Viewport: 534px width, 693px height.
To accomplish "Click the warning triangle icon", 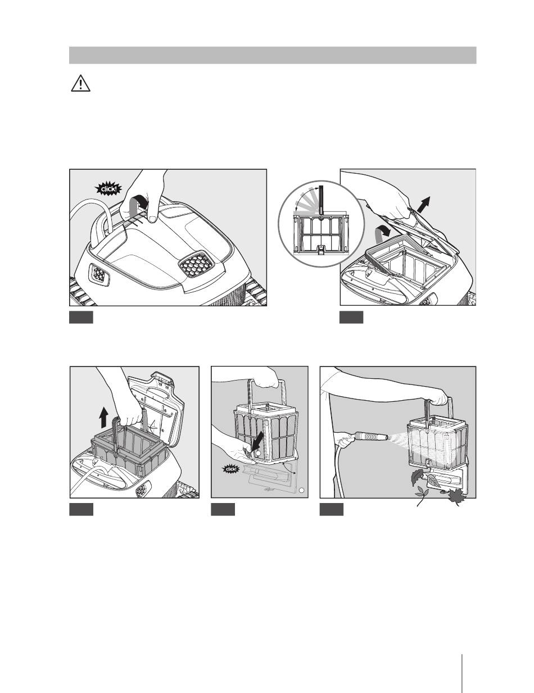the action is coord(80,84).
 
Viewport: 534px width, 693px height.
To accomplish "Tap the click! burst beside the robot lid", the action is coord(109,189).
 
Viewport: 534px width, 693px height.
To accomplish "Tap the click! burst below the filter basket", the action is coord(230,469).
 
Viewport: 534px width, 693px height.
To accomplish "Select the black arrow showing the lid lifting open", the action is coord(422,205).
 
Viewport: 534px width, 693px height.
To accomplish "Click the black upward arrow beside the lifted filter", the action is coord(104,419).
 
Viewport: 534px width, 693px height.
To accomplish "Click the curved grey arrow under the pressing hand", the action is coord(139,204).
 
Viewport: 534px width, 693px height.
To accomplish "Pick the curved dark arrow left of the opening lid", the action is coord(381,234).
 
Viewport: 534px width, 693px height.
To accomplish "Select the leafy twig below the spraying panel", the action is coord(422,496).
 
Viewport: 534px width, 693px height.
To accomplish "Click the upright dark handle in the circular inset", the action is coord(321,200).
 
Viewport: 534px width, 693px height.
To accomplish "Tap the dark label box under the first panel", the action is coord(82,318).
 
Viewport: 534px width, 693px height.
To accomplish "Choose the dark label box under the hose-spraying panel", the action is coord(332,509).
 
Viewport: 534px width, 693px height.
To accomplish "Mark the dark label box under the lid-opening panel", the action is coord(351,318).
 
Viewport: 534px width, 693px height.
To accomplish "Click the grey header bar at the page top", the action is coord(273,55).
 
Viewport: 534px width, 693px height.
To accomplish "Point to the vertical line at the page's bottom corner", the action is coord(462,673).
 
